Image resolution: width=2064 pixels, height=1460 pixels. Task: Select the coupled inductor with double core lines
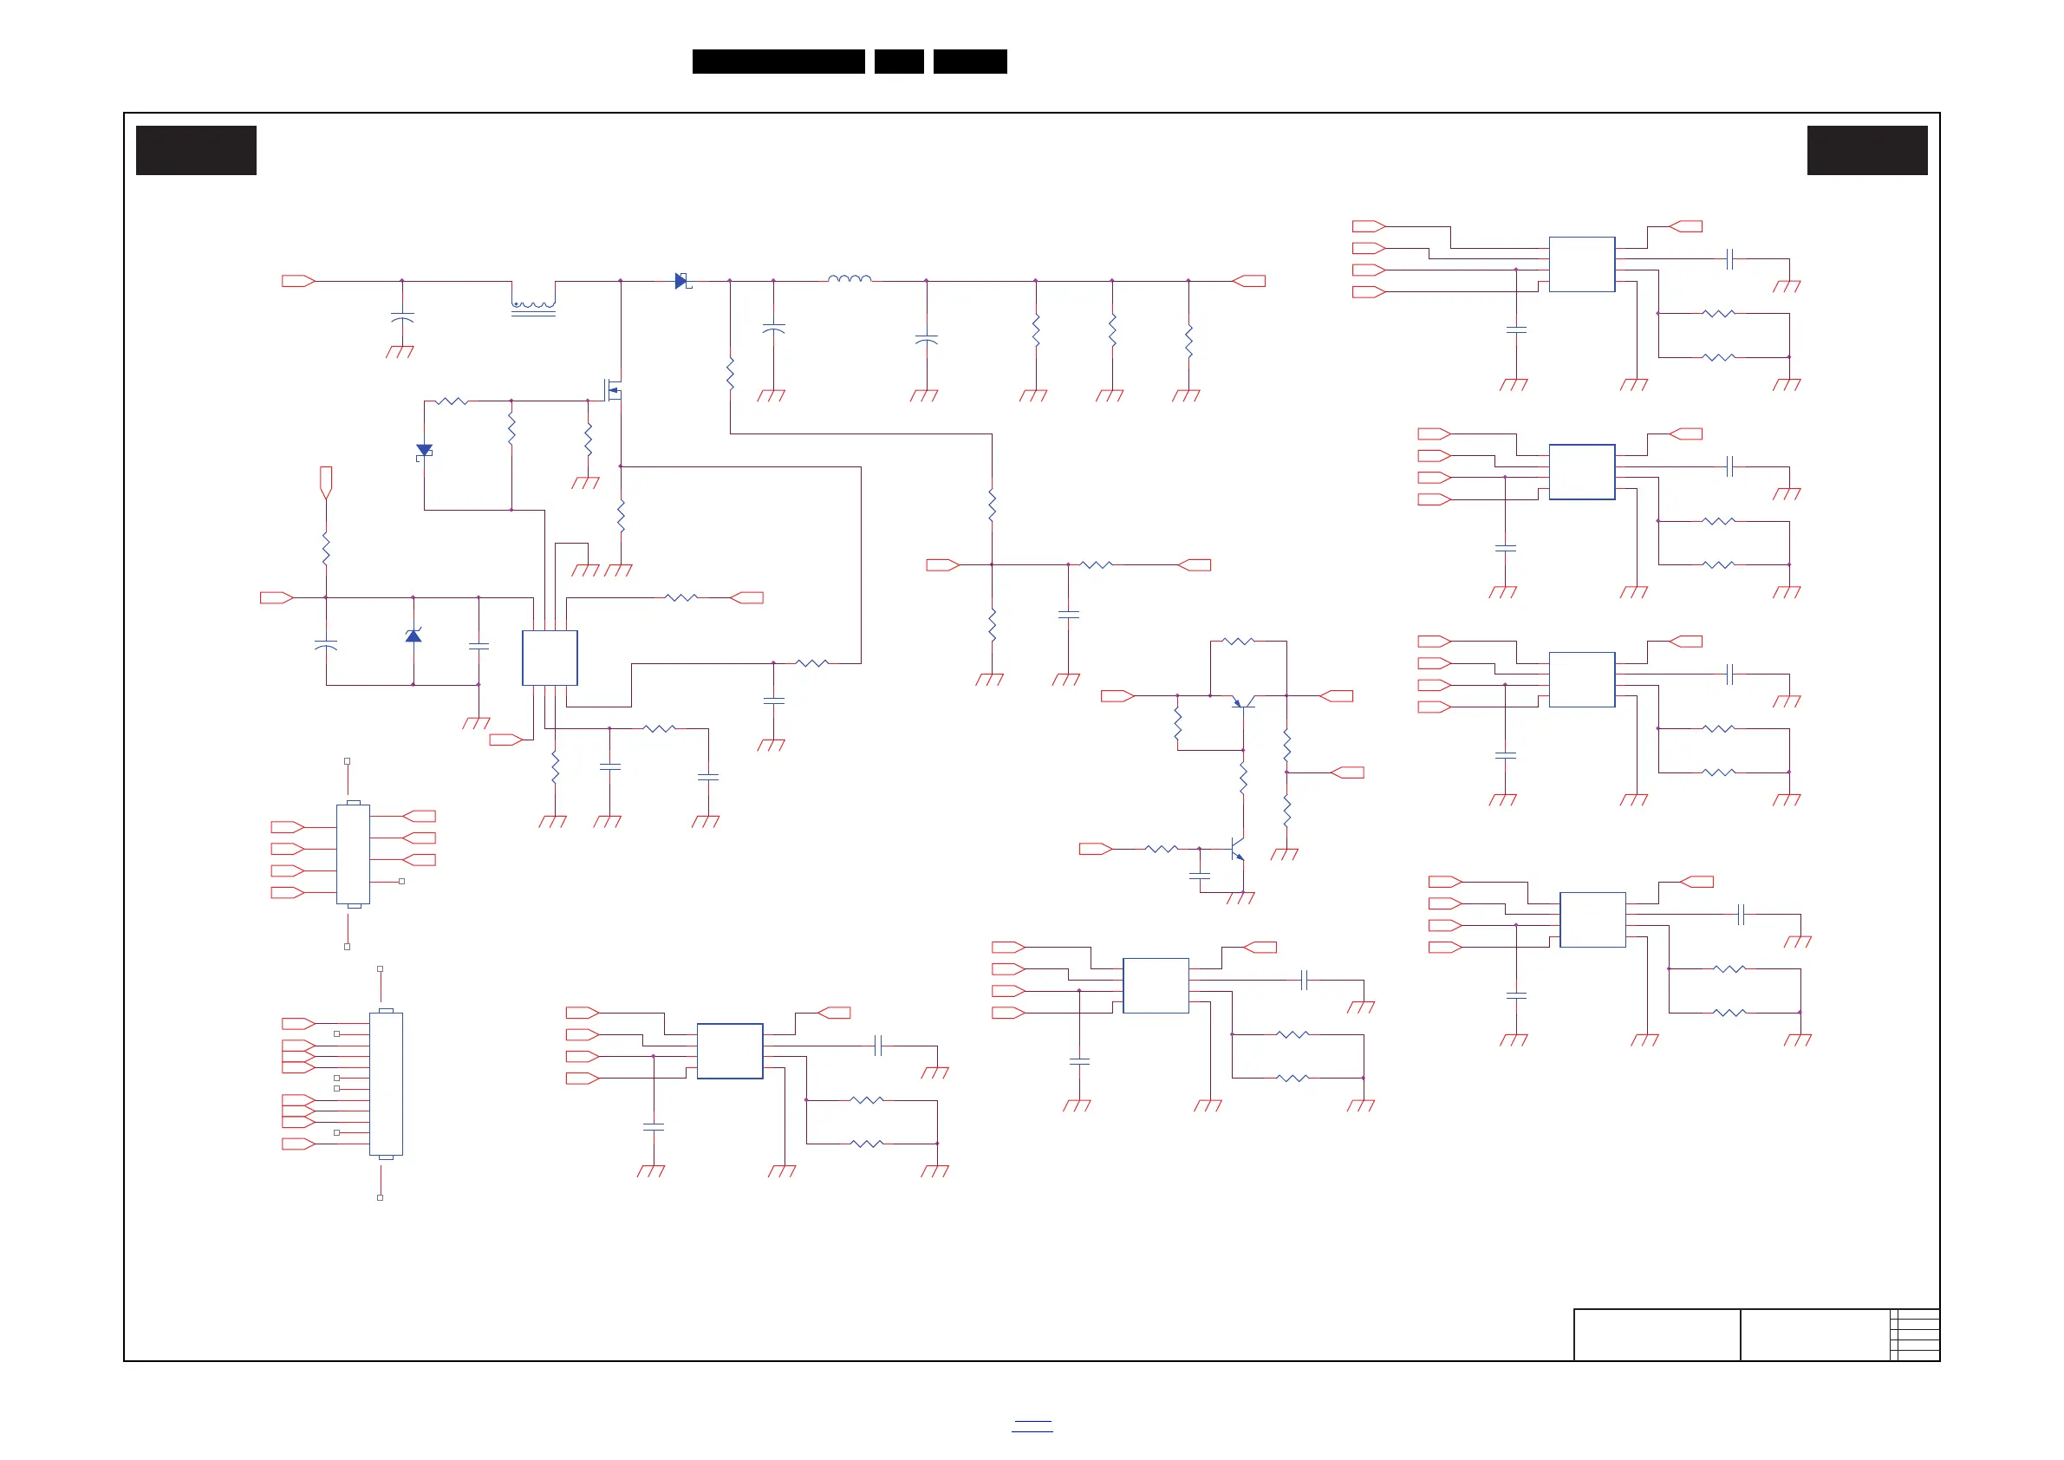click(x=533, y=308)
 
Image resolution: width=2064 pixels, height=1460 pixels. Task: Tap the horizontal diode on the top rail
click(x=681, y=282)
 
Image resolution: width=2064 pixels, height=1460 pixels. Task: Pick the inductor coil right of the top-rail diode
click(x=850, y=278)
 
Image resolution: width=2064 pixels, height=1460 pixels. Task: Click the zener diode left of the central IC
click(x=413, y=635)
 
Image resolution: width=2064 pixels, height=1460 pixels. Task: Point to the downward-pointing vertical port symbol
click(x=326, y=481)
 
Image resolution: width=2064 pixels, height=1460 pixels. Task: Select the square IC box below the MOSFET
click(x=550, y=658)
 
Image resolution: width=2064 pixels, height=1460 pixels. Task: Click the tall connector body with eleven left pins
click(x=386, y=1084)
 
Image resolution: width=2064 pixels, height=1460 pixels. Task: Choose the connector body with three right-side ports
click(x=353, y=854)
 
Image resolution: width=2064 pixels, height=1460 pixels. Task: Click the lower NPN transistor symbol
click(x=1237, y=849)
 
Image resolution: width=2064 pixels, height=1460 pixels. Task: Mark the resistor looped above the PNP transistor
click(x=1239, y=641)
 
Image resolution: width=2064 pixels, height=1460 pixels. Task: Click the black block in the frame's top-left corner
click(x=196, y=150)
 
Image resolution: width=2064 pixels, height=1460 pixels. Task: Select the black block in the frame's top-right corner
click(x=1867, y=150)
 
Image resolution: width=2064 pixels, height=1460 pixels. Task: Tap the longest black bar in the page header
click(x=778, y=62)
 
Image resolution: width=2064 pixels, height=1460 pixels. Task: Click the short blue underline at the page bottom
click(x=1032, y=1426)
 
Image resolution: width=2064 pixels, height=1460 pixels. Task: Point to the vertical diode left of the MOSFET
click(x=424, y=452)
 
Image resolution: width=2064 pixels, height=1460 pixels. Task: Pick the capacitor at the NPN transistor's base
click(x=1199, y=875)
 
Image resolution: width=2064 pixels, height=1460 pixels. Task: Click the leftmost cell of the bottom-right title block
click(x=1656, y=1334)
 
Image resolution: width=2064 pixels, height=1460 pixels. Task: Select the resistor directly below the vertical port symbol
click(x=326, y=549)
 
